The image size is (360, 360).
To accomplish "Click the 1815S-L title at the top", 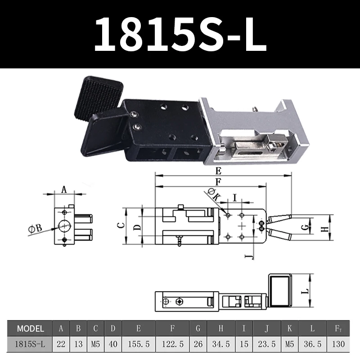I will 180,34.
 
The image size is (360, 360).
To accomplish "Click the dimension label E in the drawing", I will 218,171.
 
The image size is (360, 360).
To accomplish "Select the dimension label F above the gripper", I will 218,182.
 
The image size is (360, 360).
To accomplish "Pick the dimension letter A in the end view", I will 63,189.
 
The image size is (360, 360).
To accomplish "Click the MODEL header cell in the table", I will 30,328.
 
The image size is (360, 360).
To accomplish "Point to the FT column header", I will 338,328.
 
